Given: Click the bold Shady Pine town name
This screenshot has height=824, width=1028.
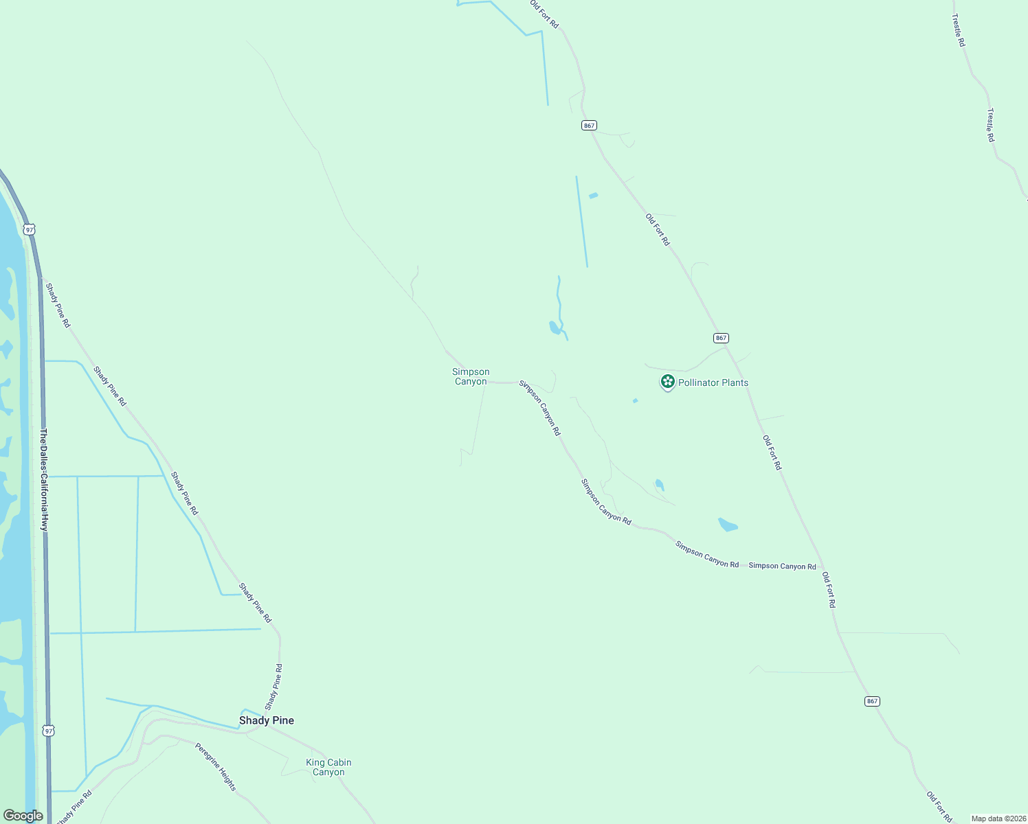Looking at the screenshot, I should click(x=267, y=720).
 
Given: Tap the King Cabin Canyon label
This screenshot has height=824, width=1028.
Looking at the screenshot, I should click(x=328, y=767).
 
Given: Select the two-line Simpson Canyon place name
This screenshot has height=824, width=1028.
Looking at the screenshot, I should click(x=471, y=377).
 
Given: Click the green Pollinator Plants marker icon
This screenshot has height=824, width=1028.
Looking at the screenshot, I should click(x=667, y=382).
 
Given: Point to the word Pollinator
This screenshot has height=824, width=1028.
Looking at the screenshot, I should click(x=700, y=382).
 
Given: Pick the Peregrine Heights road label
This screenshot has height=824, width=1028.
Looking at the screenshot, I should click(x=216, y=766).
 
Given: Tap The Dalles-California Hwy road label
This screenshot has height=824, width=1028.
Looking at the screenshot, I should click(x=44, y=480).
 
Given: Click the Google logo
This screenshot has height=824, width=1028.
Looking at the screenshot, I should click(x=23, y=816).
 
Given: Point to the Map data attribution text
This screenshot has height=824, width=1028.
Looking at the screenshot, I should click(x=998, y=819).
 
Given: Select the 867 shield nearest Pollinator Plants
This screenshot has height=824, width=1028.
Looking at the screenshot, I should click(x=720, y=338).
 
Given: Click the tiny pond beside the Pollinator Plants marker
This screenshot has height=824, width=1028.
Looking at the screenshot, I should click(x=635, y=400).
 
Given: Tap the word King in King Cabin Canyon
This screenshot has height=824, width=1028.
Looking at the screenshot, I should click(x=315, y=762).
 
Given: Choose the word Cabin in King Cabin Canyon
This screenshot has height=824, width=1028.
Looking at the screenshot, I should click(x=339, y=762).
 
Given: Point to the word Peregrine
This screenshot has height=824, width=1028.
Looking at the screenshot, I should click(x=206, y=755).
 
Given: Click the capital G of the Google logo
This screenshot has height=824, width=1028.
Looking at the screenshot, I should click(x=9, y=816).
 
